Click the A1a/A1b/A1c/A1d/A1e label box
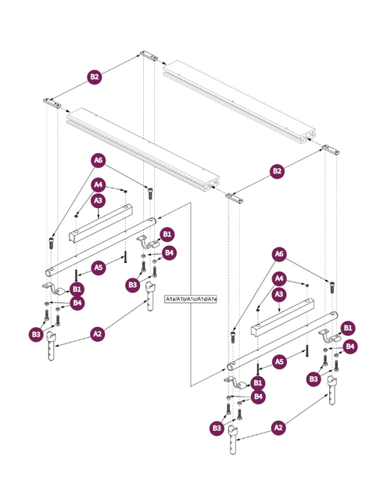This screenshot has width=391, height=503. (x=191, y=300)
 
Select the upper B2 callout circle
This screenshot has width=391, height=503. (x=95, y=77)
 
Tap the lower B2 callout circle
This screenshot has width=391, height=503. (x=277, y=171)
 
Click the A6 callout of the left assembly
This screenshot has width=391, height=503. (x=99, y=160)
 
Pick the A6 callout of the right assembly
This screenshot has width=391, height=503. (x=279, y=254)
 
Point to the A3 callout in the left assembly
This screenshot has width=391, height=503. (x=99, y=200)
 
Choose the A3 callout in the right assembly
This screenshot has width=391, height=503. (x=279, y=294)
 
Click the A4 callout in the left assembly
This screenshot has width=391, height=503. (x=99, y=185)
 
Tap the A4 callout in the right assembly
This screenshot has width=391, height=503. (x=279, y=278)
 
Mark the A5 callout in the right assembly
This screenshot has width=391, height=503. (x=279, y=361)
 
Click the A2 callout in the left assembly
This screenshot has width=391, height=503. (x=97, y=334)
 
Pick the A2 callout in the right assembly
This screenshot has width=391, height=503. (x=278, y=428)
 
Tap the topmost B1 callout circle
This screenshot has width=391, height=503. (x=167, y=234)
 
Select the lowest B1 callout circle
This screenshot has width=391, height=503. (x=257, y=383)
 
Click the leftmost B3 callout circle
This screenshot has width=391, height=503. (x=36, y=335)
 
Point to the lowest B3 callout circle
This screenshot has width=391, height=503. (x=217, y=428)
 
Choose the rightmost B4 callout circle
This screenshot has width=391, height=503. (x=350, y=347)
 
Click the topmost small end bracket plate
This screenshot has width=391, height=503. (x=149, y=56)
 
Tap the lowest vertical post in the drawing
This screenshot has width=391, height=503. (x=233, y=440)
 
